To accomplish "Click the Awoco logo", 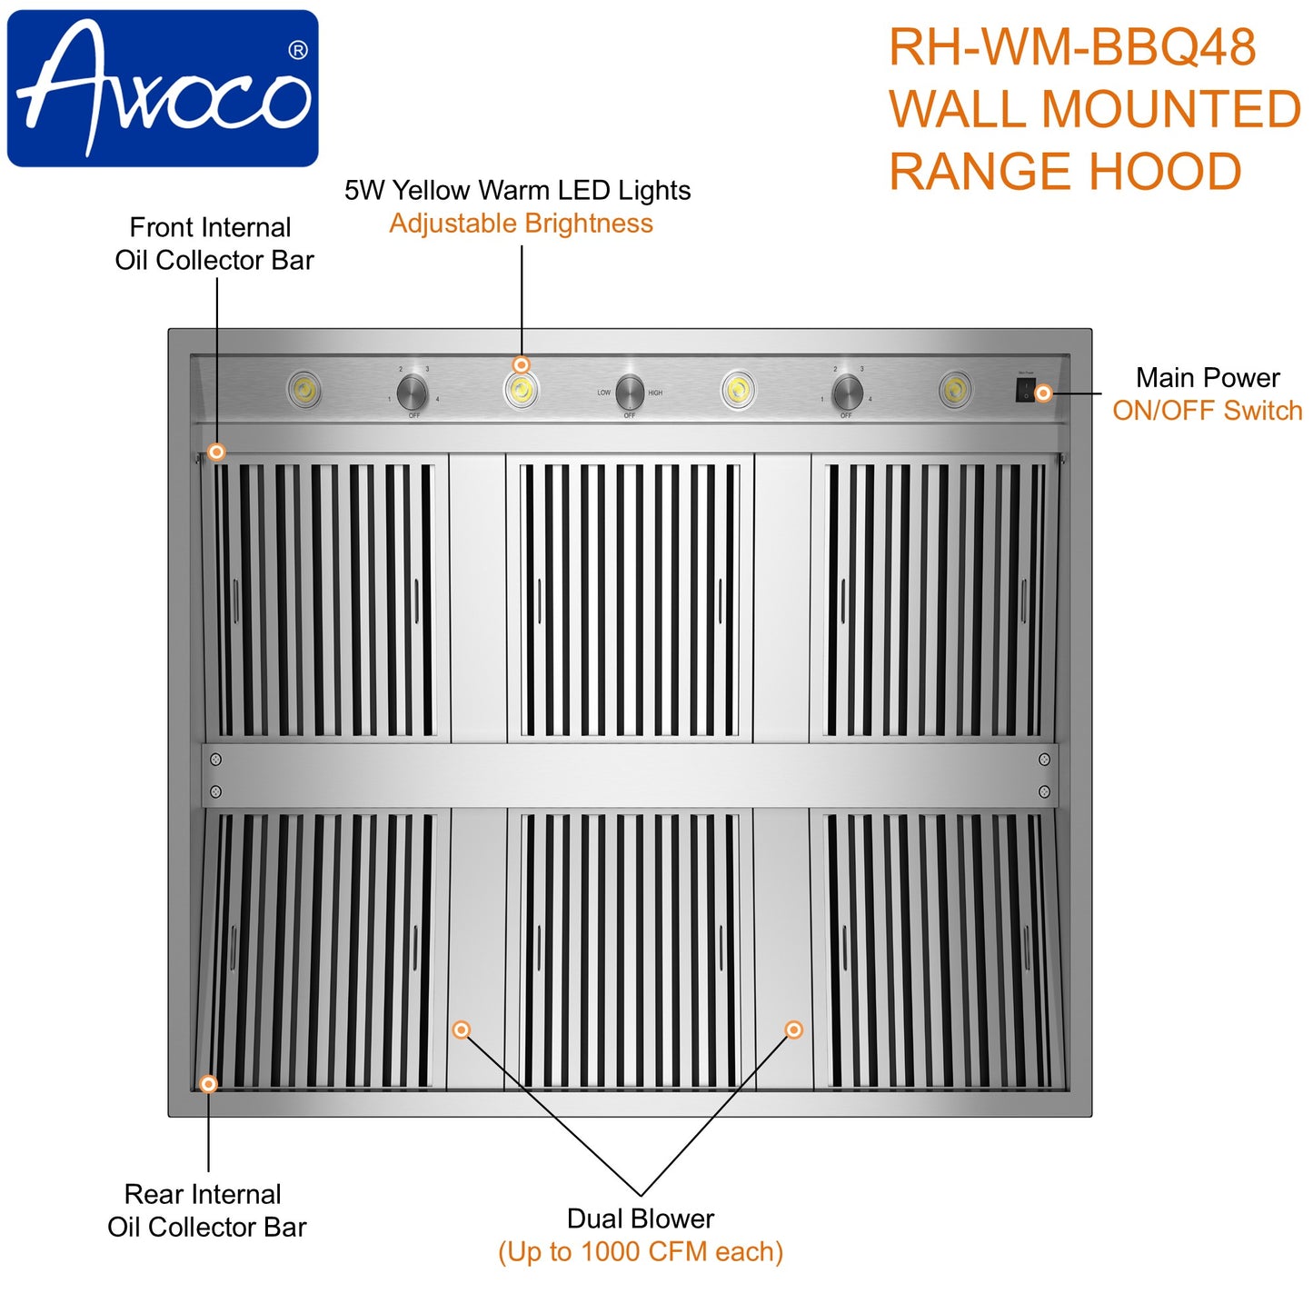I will click(x=163, y=88).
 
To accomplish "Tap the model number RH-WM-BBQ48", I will click(x=1072, y=47).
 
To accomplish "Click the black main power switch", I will click(x=1025, y=392).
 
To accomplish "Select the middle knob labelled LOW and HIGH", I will click(x=629, y=393).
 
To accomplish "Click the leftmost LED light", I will click(x=304, y=390).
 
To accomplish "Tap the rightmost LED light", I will click(x=954, y=390).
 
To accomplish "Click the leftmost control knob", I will click(x=413, y=393).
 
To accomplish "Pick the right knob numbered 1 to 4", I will click(x=847, y=393).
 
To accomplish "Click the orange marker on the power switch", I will click(x=1044, y=393).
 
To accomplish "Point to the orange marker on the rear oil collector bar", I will click(x=208, y=1084).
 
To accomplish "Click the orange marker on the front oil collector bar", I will click(x=216, y=452).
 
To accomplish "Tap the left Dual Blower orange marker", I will click(x=462, y=1030).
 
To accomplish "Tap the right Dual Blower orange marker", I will click(x=794, y=1030).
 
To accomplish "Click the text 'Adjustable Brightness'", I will click(x=521, y=224).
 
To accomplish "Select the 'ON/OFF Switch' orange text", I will click(x=1207, y=411).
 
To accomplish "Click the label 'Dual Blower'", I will click(x=641, y=1219).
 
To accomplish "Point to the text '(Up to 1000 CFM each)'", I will click(x=641, y=1252).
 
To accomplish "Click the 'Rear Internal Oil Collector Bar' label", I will click(x=206, y=1210).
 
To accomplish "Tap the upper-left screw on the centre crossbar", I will click(x=216, y=760).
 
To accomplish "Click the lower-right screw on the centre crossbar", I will click(x=1044, y=791).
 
